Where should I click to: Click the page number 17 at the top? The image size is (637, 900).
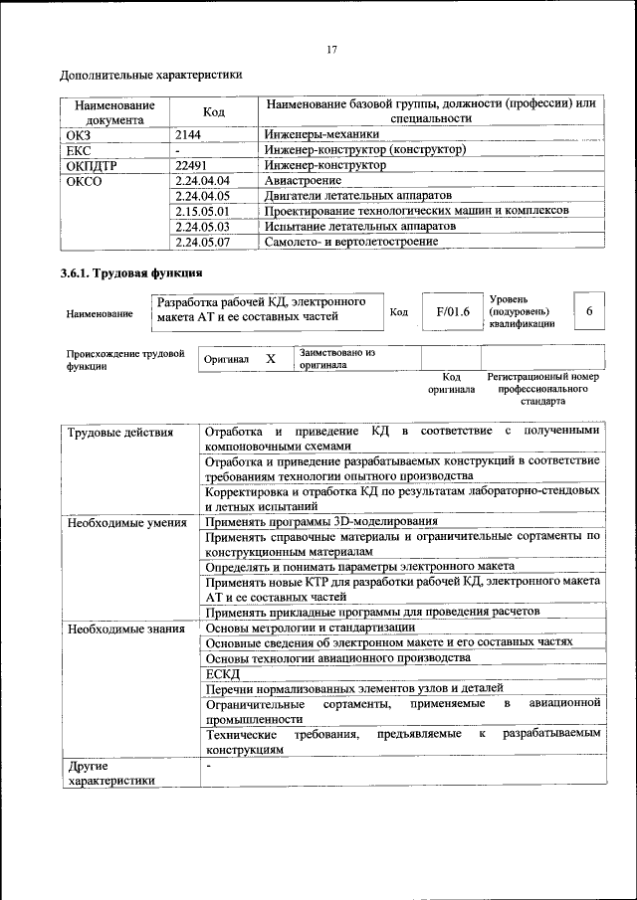click(332, 51)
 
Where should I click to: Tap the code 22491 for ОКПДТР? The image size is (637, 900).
click(191, 165)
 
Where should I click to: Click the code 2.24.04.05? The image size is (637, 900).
click(201, 195)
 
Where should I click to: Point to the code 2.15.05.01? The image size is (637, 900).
click(201, 211)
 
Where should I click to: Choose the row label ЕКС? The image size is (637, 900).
click(79, 150)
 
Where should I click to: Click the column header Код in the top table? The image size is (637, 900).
click(214, 112)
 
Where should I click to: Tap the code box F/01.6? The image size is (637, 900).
click(452, 311)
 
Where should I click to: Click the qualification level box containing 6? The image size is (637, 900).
click(589, 311)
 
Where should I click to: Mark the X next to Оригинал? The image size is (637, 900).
click(270, 358)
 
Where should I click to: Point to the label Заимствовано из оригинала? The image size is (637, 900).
click(336, 358)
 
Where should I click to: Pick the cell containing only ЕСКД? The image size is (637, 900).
click(216, 673)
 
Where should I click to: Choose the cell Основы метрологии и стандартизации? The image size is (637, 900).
click(310, 628)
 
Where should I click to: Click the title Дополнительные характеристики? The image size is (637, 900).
click(150, 75)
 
